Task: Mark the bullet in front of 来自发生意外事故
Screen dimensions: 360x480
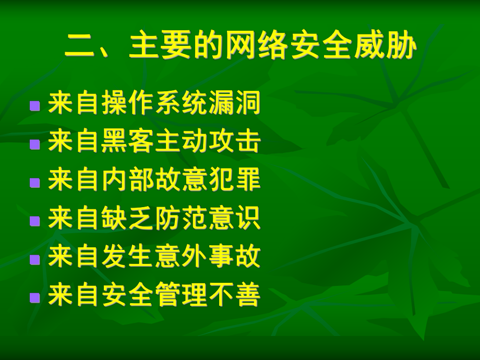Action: coord(35,259)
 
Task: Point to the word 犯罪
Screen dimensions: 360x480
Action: coord(234,181)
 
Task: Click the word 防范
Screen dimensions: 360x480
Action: coord(181,219)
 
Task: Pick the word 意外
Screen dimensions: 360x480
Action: coord(181,258)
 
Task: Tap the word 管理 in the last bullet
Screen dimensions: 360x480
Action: coord(181,296)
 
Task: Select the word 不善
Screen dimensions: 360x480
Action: coord(234,296)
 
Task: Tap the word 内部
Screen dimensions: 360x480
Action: coord(128,181)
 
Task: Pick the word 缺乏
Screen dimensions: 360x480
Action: coord(128,219)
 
